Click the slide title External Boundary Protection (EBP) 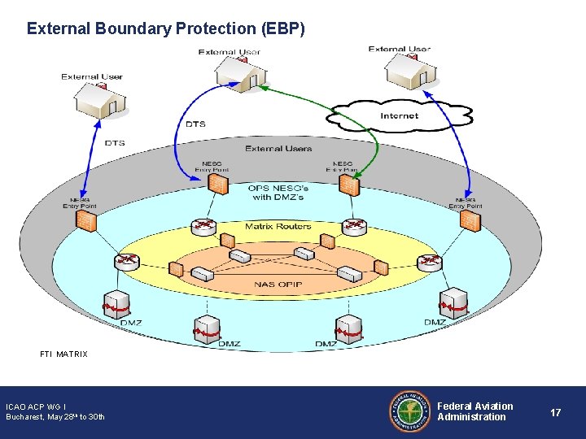pos(166,28)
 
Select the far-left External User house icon pos(99,100)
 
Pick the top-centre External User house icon pos(241,73)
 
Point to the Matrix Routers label pos(278,226)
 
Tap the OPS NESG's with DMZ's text pos(278,192)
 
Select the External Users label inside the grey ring pos(278,149)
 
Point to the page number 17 pos(555,413)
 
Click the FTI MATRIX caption pos(63,354)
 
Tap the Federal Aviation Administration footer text pos(475,411)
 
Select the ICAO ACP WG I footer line pos(36,406)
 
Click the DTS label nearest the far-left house pos(115,143)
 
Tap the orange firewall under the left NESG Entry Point pos(216,185)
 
